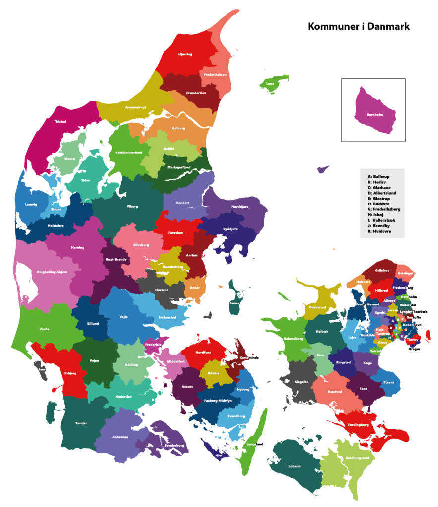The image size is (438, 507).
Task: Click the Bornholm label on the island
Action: point(374,115)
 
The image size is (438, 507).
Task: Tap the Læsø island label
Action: point(270,84)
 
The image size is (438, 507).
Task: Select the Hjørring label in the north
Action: point(185,54)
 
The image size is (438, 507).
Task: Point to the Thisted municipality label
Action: point(60,121)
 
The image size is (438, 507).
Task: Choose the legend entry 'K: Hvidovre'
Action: point(382,231)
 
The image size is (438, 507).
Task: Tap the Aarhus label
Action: point(192,255)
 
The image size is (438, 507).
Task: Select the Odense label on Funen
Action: point(214,373)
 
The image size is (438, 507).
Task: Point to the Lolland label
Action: point(294,466)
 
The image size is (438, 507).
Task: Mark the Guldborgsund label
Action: point(357,458)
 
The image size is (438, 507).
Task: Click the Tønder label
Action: point(81,423)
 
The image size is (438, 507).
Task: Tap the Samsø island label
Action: point(235,303)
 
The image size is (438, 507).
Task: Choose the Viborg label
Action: point(132,206)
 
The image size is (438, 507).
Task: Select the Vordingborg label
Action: point(358,425)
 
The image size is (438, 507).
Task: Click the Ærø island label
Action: point(219,455)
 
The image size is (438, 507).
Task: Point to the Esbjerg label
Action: point(70,373)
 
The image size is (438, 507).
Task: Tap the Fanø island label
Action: point(42,369)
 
